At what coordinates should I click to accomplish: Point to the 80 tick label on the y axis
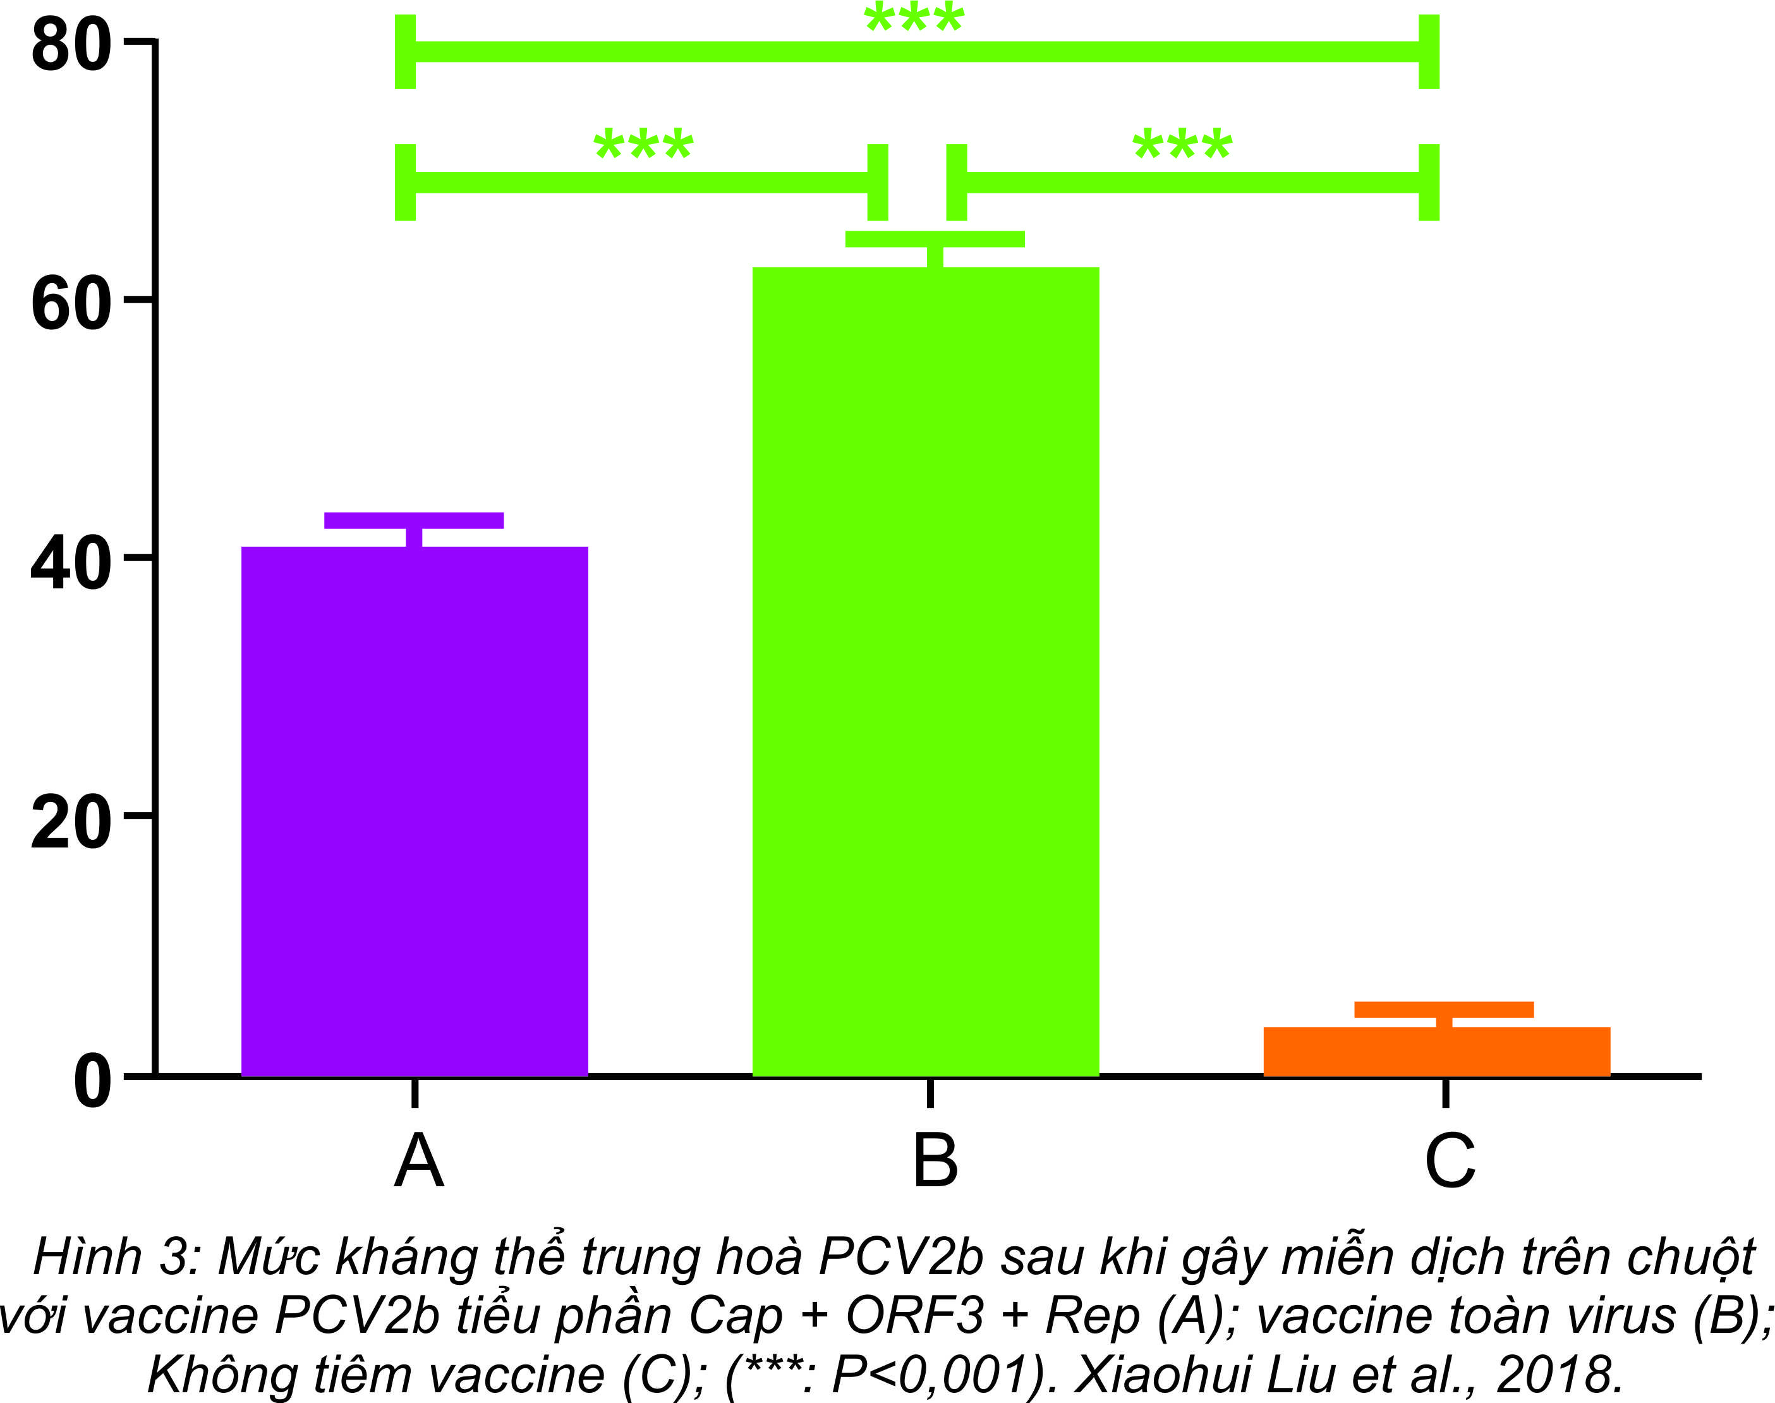[71, 45]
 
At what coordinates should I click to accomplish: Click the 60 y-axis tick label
[71, 305]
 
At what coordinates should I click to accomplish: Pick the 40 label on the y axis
[71, 564]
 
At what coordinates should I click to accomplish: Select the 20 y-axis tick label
[71, 823]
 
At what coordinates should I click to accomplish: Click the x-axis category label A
[419, 1161]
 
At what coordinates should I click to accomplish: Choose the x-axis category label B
[935, 1161]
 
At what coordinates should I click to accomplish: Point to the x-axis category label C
[1450, 1161]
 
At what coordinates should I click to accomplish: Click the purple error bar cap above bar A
[414, 520]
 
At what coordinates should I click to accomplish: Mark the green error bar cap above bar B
[935, 239]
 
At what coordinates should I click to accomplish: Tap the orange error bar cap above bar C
[1444, 1009]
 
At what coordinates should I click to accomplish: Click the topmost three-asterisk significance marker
[914, 18]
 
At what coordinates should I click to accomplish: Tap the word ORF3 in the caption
[914, 1315]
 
